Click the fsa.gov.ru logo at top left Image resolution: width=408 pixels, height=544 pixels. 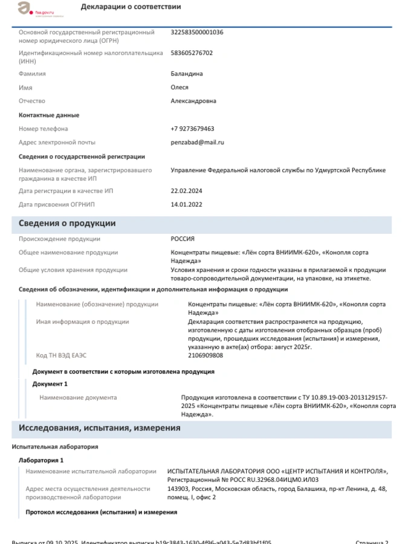(x=33, y=8)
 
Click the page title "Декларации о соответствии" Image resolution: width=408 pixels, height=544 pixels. (x=131, y=7)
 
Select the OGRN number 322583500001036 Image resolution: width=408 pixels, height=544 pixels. (x=197, y=32)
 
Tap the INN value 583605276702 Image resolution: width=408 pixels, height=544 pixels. (x=192, y=53)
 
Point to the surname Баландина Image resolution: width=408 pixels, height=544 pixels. (x=187, y=74)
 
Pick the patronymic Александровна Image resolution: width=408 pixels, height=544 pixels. (x=193, y=101)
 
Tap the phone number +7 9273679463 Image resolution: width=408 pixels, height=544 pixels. (x=192, y=129)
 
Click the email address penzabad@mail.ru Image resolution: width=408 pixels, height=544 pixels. (x=197, y=143)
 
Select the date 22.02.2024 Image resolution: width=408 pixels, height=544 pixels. (x=186, y=191)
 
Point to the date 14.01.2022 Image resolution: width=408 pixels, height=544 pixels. (x=186, y=205)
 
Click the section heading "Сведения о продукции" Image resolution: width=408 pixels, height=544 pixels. (x=67, y=224)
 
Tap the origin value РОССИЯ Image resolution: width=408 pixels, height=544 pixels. (x=183, y=239)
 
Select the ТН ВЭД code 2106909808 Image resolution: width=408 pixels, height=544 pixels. (x=205, y=355)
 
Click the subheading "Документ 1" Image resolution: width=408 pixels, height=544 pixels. (x=50, y=384)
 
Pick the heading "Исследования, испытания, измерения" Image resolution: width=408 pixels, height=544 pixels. (x=99, y=428)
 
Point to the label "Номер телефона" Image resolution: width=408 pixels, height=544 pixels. (x=43, y=129)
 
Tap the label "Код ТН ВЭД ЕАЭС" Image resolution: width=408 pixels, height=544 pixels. (x=62, y=355)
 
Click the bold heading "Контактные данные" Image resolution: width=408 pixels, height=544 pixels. (x=49, y=115)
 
